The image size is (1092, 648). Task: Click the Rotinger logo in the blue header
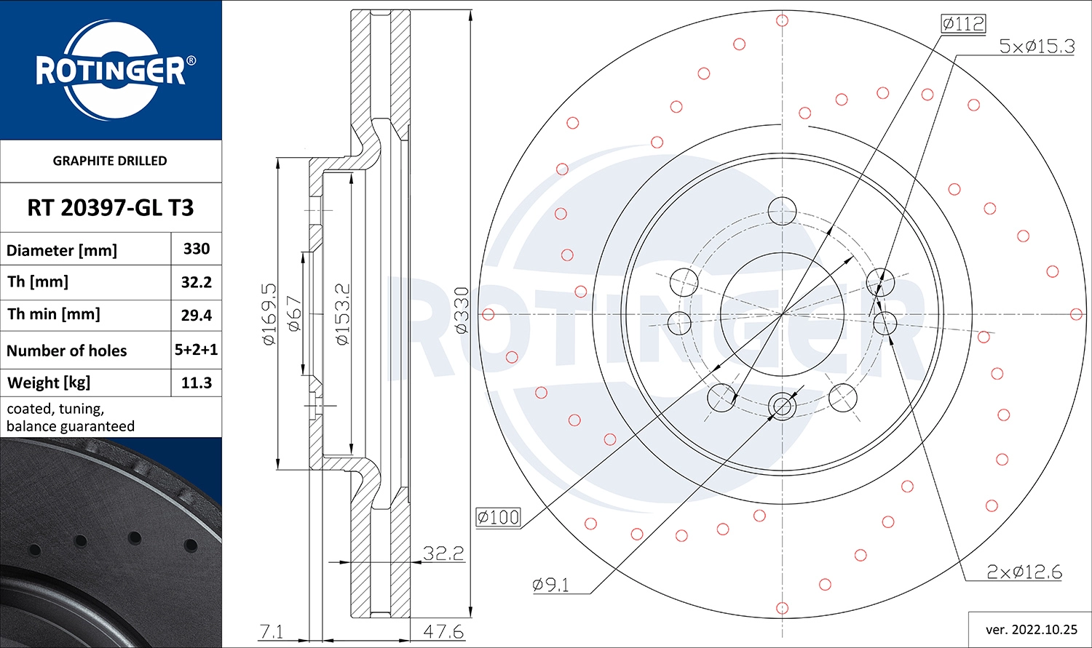click(x=111, y=71)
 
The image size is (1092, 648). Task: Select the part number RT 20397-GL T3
click(x=111, y=208)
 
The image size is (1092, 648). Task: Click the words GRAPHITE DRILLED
click(x=110, y=161)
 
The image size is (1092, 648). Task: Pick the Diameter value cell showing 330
click(x=197, y=249)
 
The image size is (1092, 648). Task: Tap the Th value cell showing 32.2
click(x=197, y=282)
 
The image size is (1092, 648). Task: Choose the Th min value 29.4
click(x=197, y=315)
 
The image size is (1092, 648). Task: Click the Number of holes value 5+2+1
click(x=197, y=350)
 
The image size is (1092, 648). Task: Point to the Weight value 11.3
click(x=197, y=383)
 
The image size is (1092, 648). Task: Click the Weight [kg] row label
click(x=49, y=383)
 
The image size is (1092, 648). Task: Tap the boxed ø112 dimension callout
click(x=962, y=24)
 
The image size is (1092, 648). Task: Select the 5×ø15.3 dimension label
click(x=1037, y=47)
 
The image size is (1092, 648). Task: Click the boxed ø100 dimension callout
click(x=499, y=517)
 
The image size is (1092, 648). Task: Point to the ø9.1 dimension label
click(x=551, y=585)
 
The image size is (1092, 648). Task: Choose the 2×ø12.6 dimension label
click(x=1024, y=572)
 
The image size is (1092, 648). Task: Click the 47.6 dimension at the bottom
click(x=443, y=631)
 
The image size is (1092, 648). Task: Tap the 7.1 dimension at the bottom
click(x=272, y=631)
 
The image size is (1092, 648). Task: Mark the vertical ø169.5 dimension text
click(x=269, y=314)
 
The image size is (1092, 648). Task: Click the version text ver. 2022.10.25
click(x=1029, y=629)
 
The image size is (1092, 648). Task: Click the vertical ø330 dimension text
click(x=462, y=311)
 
